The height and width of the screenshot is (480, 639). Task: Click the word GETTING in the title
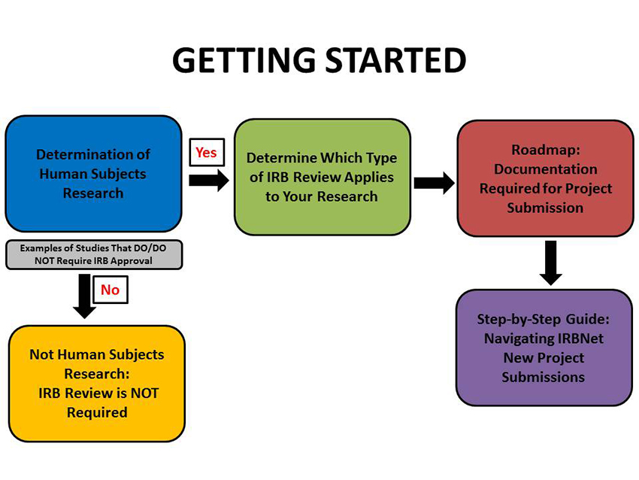pos(244,60)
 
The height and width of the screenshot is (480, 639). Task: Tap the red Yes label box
pos(207,152)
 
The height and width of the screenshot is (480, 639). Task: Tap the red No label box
pos(111,290)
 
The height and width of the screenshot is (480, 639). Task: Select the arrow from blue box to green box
pos(209,181)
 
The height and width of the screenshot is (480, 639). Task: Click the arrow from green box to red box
pos(434,183)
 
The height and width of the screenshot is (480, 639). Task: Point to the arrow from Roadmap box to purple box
pos(550,263)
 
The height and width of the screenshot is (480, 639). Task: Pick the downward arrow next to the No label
pos(84,296)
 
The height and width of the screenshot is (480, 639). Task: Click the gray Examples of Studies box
pos(94,254)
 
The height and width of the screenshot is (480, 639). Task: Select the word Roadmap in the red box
pos(546,150)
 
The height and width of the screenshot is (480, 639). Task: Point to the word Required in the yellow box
pos(97,412)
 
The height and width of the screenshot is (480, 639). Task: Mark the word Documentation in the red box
pos(546,169)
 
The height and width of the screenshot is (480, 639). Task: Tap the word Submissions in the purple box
pos(544,377)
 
